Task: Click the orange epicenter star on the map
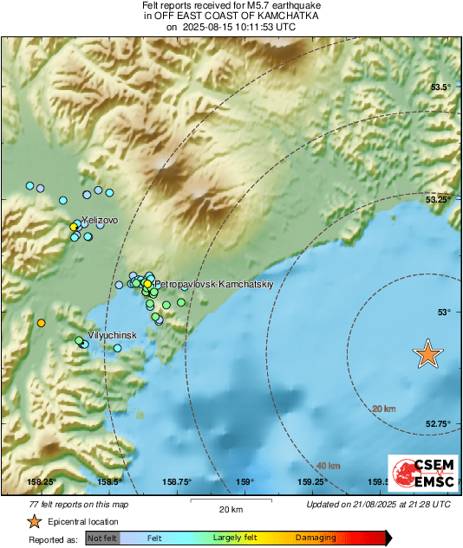pyautogui.click(x=427, y=354)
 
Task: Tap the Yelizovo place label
pyautogui.click(x=100, y=221)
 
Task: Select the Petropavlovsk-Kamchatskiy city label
pyautogui.click(x=213, y=284)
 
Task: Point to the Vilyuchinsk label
pyautogui.click(x=114, y=333)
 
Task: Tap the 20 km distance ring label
pyautogui.click(x=383, y=409)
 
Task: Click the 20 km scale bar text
pyautogui.click(x=230, y=508)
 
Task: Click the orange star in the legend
pyautogui.click(x=33, y=521)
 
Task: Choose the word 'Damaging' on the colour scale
pyautogui.click(x=316, y=538)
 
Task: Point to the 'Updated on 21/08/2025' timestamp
pyautogui.click(x=378, y=504)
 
